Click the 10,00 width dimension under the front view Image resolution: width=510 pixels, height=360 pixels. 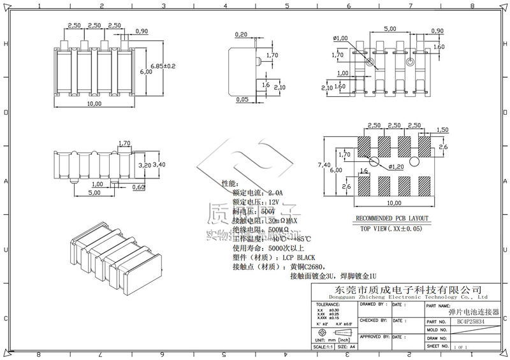(x=94, y=103)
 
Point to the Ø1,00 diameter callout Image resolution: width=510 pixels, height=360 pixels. (x=340, y=38)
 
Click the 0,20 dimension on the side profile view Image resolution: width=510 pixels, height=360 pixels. (x=242, y=34)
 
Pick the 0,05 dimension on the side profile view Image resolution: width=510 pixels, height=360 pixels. (x=242, y=99)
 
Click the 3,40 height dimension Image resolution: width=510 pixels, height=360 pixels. (x=159, y=164)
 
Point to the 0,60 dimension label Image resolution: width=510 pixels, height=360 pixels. (x=138, y=187)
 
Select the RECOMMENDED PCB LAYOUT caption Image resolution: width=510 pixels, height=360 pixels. (x=391, y=218)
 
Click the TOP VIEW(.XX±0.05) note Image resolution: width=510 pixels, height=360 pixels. (x=391, y=228)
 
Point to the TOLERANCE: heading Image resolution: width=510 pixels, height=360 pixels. (x=328, y=305)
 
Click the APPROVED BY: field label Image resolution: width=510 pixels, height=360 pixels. (x=374, y=336)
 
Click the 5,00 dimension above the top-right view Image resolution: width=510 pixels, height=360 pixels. (x=390, y=29)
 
